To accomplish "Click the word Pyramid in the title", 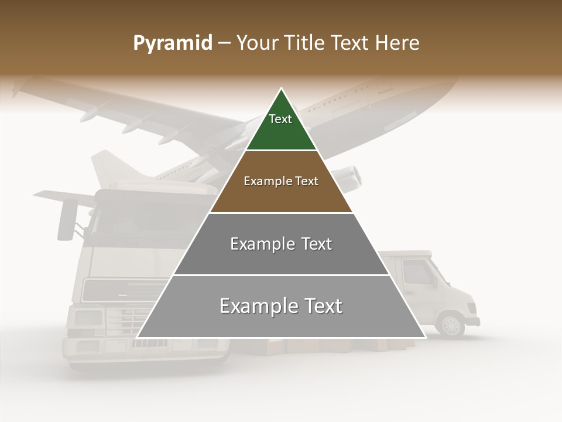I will click(x=172, y=43).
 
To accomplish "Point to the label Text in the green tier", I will click(x=280, y=119).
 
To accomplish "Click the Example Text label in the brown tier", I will click(x=281, y=181).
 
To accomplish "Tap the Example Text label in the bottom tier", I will click(x=281, y=306).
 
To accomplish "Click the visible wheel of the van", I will click(x=451, y=326).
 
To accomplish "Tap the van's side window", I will click(x=416, y=273).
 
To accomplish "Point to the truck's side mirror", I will click(x=66, y=220).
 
